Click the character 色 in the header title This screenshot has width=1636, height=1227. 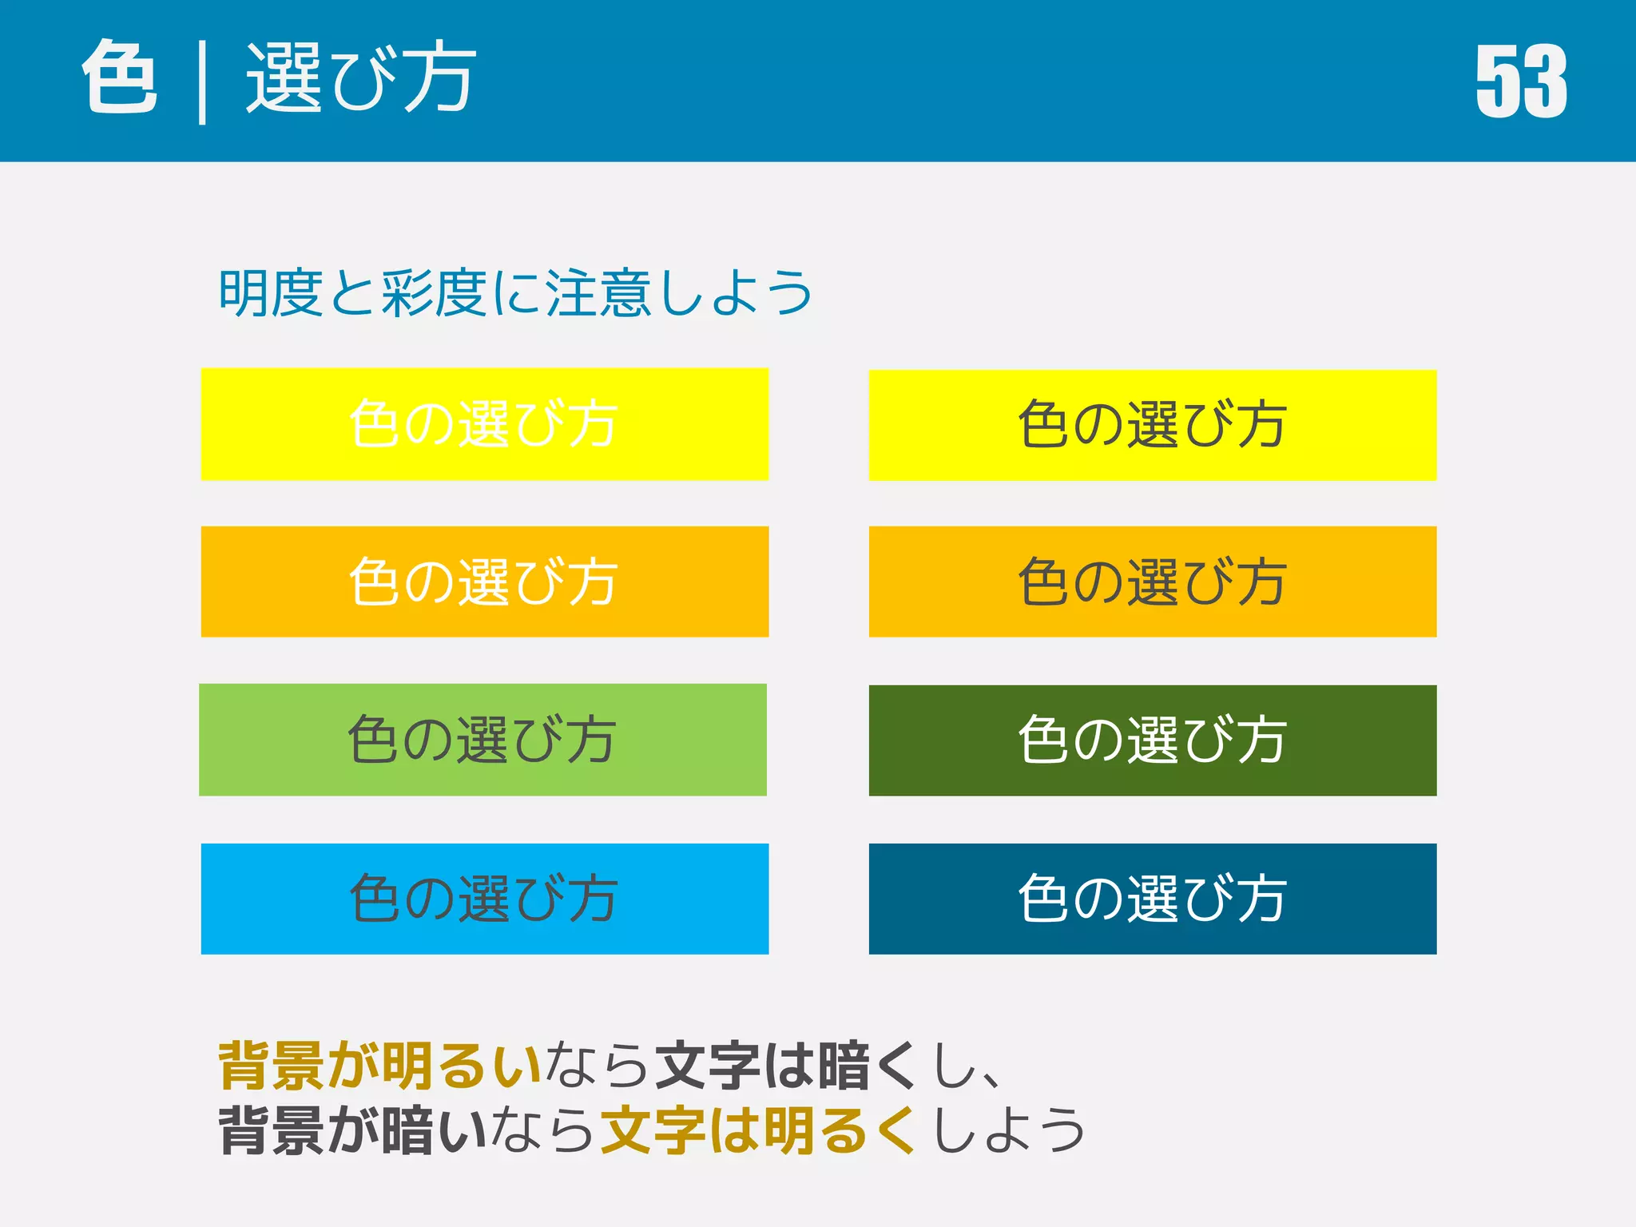pyautogui.click(x=120, y=77)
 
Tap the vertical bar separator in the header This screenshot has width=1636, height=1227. pyautogui.click(x=202, y=83)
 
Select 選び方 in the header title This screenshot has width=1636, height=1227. pyautogui.click(x=360, y=78)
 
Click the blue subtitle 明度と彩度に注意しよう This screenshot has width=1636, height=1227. pyautogui.click(x=515, y=293)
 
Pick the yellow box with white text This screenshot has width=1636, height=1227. pyautogui.click(x=484, y=424)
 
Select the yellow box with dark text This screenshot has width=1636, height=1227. pyautogui.click(x=1152, y=425)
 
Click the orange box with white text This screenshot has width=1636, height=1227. pyautogui.click(x=484, y=582)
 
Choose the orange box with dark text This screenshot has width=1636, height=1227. pyautogui.click(x=1152, y=582)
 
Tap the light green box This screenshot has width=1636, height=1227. pyautogui.click(x=482, y=740)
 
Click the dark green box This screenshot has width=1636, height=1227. pyautogui.click(x=1152, y=741)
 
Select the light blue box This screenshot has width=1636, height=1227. pyautogui.click(x=484, y=899)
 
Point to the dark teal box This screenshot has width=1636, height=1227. pyautogui.click(x=1152, y=899)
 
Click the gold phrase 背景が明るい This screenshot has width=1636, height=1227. pyautogui.click(x=379, y=1065)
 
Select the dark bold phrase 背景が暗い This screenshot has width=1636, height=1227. pyautogui.click(x=352, y=1130)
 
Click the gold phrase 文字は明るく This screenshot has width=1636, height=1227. pyautogui.click(x=757, y=1130)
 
